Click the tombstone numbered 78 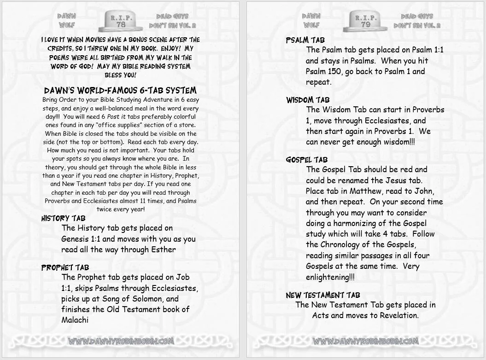click(121, 20)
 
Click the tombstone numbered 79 click(365, 21)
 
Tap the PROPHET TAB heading click(65, 267)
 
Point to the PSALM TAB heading click(305, 40)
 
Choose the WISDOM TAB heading click(308, 100)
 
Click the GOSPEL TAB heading click(307, 160)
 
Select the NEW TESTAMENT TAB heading click(322, 295)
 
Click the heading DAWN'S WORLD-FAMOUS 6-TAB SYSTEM click(120, 90)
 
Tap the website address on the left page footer click(121, 341)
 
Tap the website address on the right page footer click(365, 341)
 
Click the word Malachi click(75, 320)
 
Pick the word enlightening click(328, 277)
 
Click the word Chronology click(340, 245)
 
